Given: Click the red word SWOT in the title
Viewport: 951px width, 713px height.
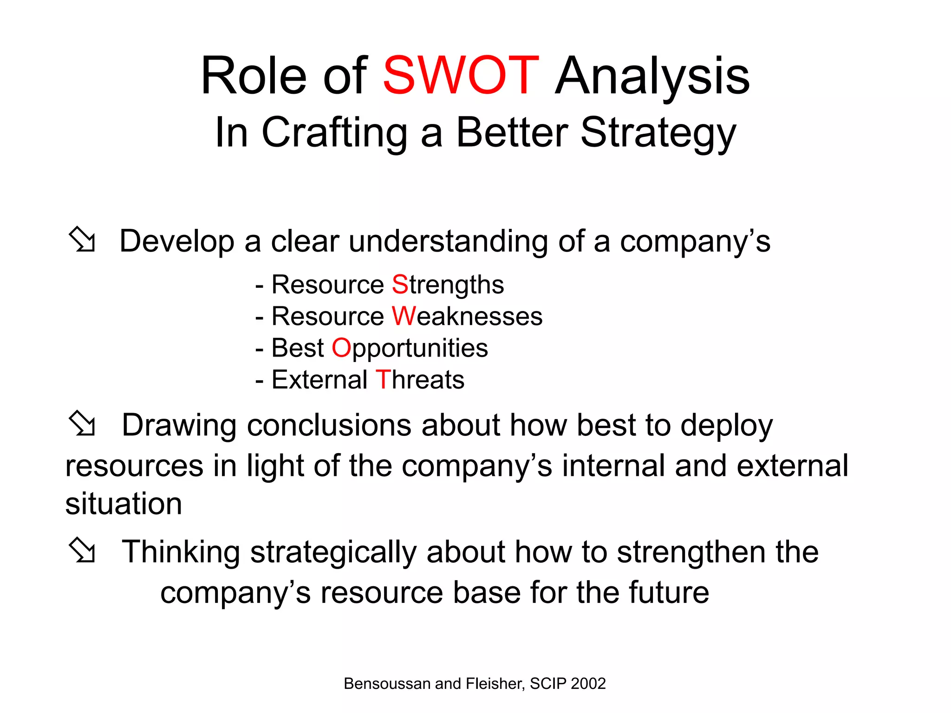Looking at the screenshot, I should (460, 76).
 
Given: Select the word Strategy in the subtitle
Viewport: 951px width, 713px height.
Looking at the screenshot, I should (658, 134).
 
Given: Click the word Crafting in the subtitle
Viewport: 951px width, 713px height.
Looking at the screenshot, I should (334, 134).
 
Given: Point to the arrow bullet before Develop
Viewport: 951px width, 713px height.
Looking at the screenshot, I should (82, 240).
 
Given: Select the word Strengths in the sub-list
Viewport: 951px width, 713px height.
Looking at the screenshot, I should (448, 285).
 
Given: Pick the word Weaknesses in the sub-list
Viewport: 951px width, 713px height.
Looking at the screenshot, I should (467, 317).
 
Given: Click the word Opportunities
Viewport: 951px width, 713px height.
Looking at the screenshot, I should (410, 349).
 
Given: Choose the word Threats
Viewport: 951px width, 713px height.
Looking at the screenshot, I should (420, 380).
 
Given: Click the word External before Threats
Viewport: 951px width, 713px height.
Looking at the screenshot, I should (319, 380).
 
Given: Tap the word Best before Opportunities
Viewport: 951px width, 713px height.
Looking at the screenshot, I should (298, 348).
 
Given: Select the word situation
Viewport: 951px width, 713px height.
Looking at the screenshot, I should (124, 504).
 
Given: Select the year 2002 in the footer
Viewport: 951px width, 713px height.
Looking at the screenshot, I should (588, 684).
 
